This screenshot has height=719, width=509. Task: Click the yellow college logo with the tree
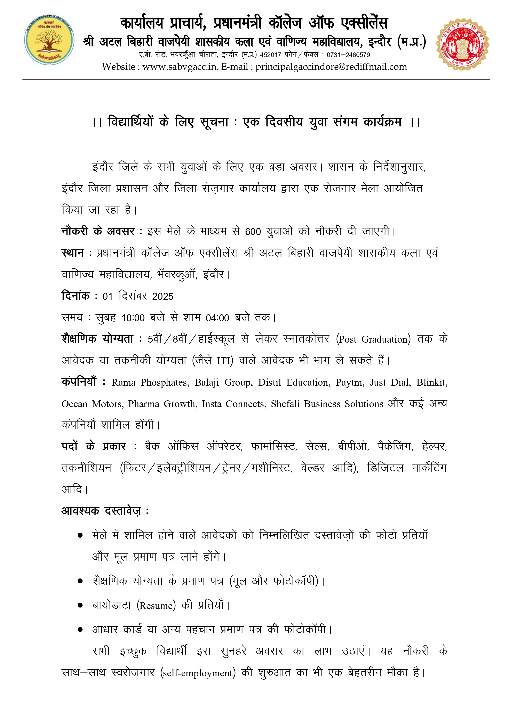pyautogui.click(x=49, y=40)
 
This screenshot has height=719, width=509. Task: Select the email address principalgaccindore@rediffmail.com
pyautogui.click(x=331, y=67)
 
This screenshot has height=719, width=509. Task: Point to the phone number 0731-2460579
pyautogui.click(x=348, y=55)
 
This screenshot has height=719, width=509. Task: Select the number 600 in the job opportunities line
pyautogui.click(x=253, y=232)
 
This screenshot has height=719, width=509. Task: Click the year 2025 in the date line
pyautogui.click(x=162, y=296)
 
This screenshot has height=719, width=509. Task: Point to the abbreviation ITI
pyautogui.click(x=224, y=361)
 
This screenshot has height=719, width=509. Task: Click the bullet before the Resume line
pyautogui.click(x=80, y=605)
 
